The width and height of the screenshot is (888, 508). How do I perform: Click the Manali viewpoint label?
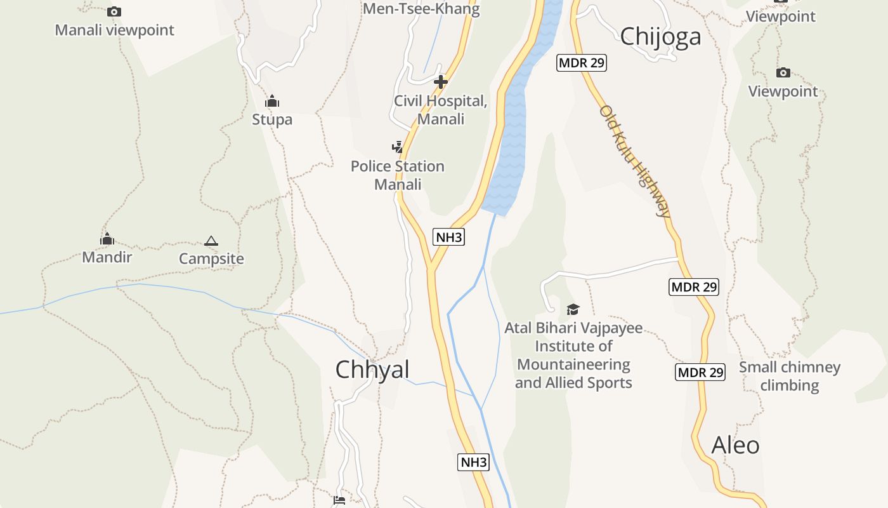(114, 30)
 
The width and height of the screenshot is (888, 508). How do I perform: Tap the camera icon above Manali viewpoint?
(114, 11)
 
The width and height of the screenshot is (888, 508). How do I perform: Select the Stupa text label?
(272, 119)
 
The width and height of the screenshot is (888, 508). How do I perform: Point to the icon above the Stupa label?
(272, 101)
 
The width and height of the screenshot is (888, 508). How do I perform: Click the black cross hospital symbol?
(441, 82)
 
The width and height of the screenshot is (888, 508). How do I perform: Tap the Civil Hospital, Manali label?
(441, 110)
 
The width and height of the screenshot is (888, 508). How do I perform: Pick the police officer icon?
(398, 147)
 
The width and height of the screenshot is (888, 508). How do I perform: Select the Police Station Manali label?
(398, 175)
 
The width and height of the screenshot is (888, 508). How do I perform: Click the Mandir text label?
(107, 257)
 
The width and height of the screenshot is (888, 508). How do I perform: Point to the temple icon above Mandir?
(107, 239)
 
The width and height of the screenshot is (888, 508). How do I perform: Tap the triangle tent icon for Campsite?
(211, 241)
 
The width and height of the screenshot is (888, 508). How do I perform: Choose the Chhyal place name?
(372, 370)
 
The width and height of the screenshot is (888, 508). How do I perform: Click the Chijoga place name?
(660, 36)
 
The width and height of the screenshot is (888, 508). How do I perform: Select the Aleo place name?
(736, 445)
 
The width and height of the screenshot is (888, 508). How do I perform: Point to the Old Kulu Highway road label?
(635, 161)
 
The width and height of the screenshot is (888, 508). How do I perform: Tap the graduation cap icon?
(573, 310)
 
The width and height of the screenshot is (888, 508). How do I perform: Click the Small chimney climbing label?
(790, 376)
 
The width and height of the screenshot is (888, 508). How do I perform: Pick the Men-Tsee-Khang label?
(421, 9)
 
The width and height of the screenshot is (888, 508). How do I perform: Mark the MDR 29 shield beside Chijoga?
(582, 63)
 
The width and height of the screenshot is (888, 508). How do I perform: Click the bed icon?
(339, 500)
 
